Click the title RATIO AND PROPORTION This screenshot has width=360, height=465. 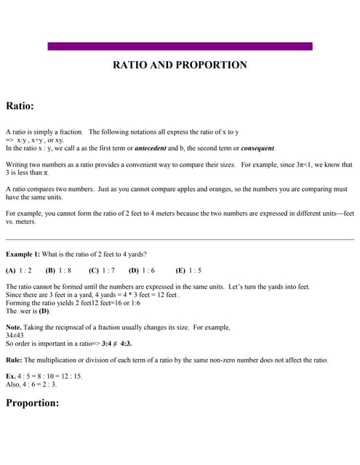click(x=180, y=65)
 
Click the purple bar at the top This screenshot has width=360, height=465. click(x=180, y=46)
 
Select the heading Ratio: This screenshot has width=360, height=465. click(x=20, y=106)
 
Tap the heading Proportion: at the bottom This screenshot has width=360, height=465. click(x=32, y=403)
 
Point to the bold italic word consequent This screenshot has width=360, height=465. click(x=252, y=148)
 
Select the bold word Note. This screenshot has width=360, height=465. click(x=14, y=327)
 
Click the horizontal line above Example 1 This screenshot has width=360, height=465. click(x=180, y=239)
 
